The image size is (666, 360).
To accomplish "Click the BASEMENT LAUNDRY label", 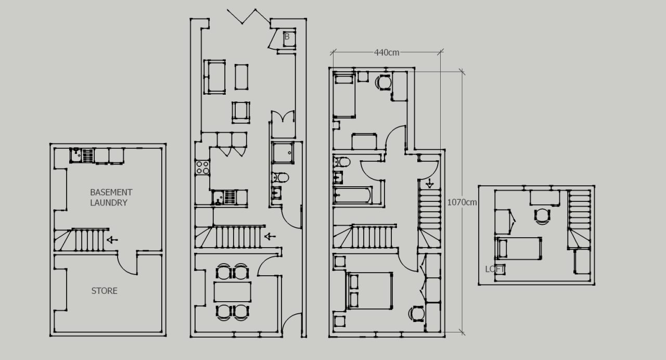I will click(111, 197).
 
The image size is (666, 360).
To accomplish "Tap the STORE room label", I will click(104, 291).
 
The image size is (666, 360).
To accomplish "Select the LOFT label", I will click(496, 269).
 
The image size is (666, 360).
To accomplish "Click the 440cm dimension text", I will click(387, 52).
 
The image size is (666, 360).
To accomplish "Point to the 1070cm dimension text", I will click(462, 202).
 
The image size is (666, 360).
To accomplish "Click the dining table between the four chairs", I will click(232, 292).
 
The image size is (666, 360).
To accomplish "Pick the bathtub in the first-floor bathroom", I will click(353, 195).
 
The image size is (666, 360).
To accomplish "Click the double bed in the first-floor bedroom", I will click(369, 290).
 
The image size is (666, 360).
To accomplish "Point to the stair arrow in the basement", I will click(112, 240).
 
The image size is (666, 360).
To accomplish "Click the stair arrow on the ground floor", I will click(270, 237).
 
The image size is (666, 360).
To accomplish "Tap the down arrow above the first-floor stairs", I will click(430, 183).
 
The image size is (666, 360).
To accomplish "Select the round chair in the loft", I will click(542, 215).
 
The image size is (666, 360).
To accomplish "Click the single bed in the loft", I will click(519, 248).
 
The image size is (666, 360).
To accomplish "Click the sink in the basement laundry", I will click(76, 155).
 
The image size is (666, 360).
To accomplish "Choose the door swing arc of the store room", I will click(127, 264).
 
